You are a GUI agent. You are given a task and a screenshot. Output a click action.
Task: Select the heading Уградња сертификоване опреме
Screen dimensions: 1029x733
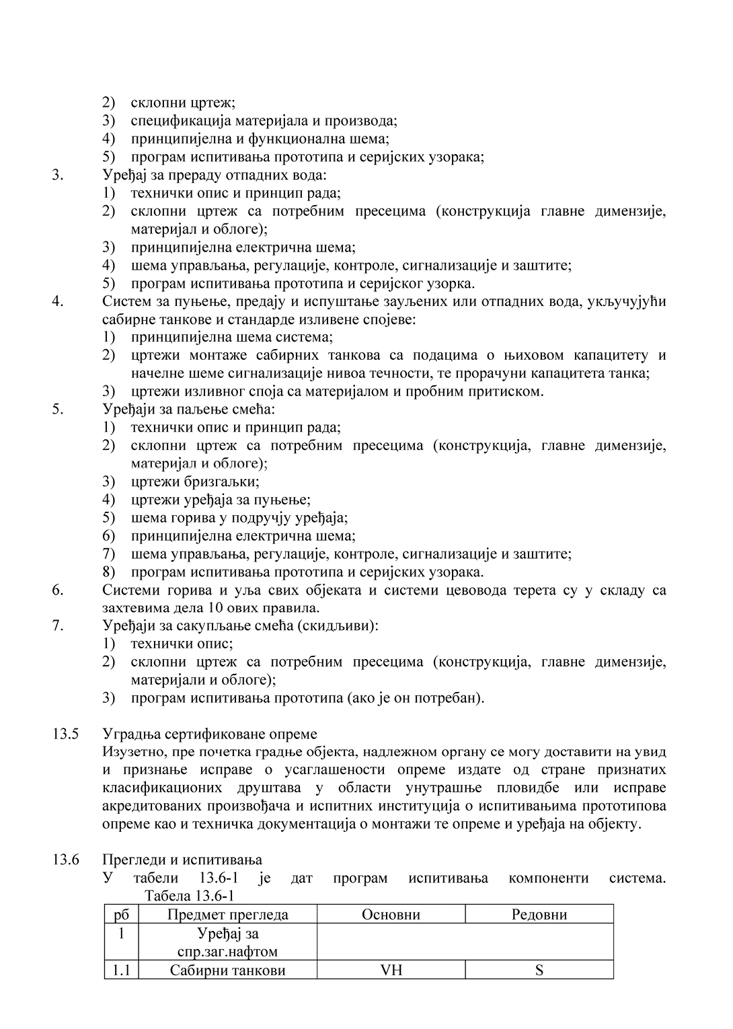209,734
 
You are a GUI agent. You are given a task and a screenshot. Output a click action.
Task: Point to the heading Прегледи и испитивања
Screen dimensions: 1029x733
182,860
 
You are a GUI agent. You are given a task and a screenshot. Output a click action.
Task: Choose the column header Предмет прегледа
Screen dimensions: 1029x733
227,915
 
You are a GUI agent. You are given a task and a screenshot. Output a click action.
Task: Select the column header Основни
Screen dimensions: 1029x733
391,915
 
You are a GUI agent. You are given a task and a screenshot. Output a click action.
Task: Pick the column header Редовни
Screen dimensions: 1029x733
539,915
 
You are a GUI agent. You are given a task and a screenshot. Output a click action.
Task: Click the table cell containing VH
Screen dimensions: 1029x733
391,970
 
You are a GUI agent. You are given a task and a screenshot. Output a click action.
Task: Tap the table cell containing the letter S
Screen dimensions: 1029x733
539,970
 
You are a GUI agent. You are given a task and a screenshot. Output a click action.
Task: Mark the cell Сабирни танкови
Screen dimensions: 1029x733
227,970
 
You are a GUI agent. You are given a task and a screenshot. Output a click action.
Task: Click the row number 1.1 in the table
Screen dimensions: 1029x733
121,970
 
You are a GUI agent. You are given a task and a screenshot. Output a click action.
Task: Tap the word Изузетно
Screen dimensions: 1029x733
133,751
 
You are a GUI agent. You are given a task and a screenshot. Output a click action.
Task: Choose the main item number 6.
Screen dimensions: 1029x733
58,590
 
